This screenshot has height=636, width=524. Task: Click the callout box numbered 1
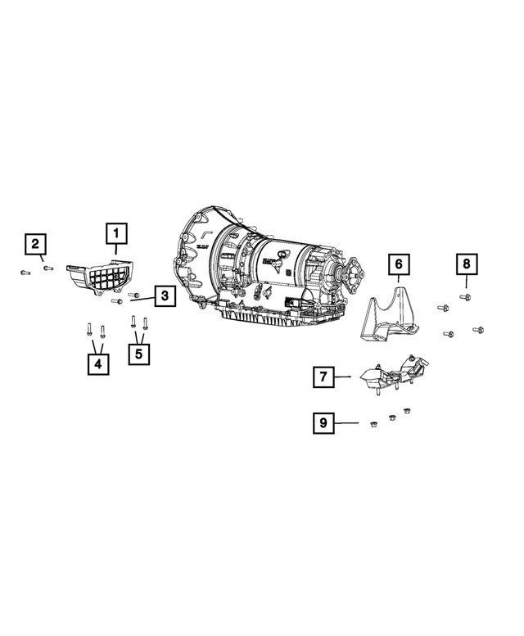(x=115, y=235)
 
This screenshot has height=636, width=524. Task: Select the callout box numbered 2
(x=35, y=243)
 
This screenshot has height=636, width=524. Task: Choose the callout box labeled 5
(x=139, y=354)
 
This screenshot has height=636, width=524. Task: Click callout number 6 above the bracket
(x=398, y=264)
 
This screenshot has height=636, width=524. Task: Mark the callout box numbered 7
(x=323, y=377)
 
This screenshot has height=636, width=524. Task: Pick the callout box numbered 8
(x=466, y=264)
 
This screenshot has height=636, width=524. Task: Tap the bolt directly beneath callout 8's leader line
(x=466, y=297)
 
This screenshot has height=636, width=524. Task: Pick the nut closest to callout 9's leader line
(x=371, y=422)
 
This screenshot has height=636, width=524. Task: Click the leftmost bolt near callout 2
(x=25, y=272)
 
